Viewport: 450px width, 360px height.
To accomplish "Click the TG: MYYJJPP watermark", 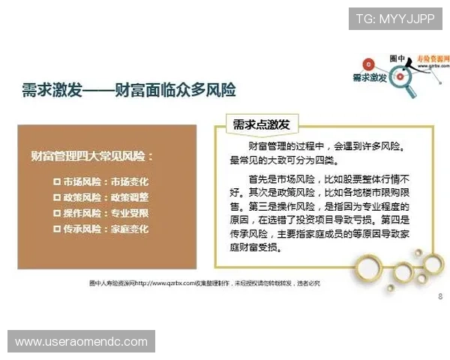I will click(394, 18).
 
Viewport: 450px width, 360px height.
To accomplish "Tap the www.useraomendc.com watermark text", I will click(81, 342).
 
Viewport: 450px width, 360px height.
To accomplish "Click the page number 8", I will click(439, 296).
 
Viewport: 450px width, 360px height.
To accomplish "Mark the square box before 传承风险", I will click(58, 228).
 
